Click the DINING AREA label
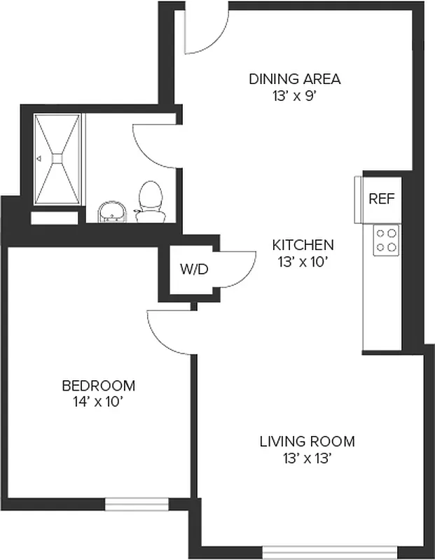click(294, 78)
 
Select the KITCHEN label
click(303, 245)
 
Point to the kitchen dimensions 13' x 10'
click(303, 262)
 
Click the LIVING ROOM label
click(307, 442)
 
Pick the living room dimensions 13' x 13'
click(307, 459)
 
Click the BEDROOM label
click(98, 386)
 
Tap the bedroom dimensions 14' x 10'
click(98, 402)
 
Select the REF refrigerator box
click(382, 199)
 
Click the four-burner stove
click(386, 240)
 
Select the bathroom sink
click(111, 211)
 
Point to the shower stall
click(57, 160)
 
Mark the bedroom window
click(137, 503)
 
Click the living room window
click(329, 552)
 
